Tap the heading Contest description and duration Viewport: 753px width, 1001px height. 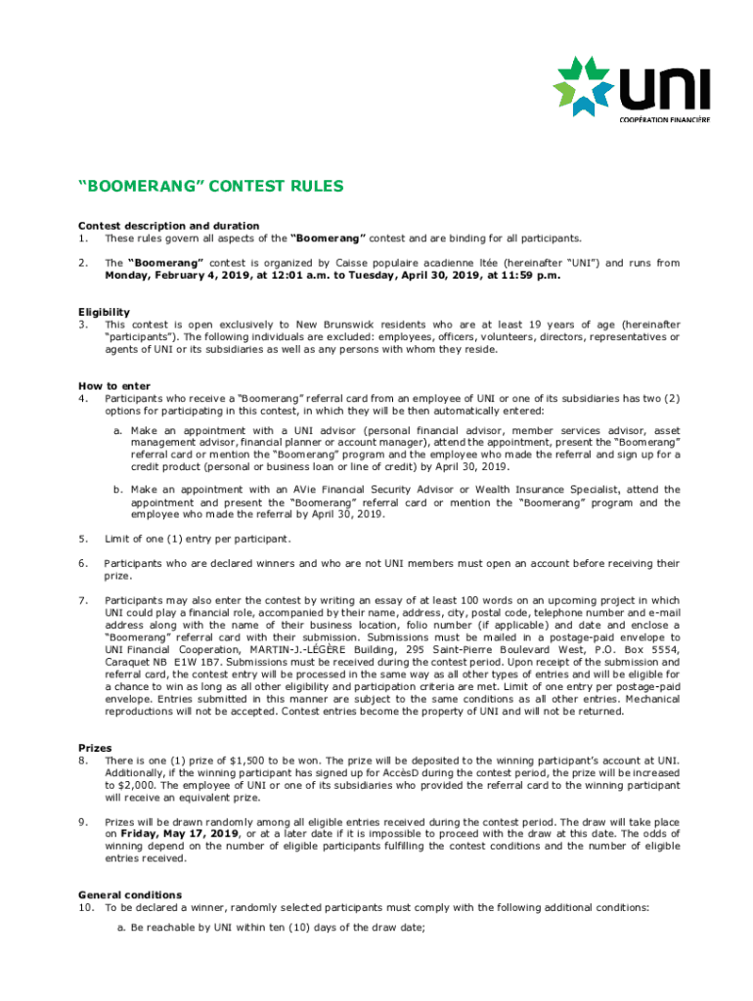pyautogui.click(x=168, y=226)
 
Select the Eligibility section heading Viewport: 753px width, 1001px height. pyautogui.click(x=104, y=312)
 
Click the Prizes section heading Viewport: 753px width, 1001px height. pyautogui.click(x=95, y=748)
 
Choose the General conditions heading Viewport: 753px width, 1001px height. pyautogui.click(x=130, y=894)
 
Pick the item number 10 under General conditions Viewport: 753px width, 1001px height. pyautogui.click(x=86, y=907)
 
